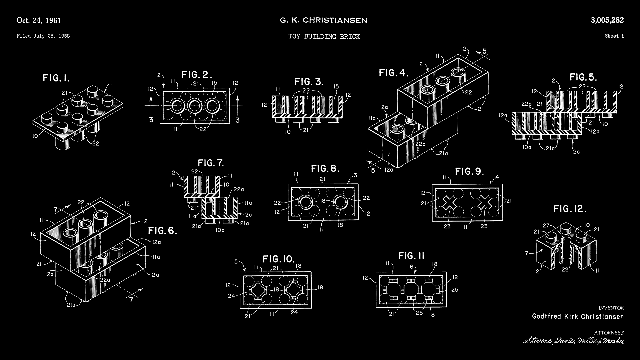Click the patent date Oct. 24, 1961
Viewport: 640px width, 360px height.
(39, 21)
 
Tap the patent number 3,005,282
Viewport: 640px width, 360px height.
(607, 20)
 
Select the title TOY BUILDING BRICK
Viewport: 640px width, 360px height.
(324, 37)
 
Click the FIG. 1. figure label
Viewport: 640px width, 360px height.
(56, 78)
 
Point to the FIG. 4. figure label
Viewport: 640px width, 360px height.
(393, 73)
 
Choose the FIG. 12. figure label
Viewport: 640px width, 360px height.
(570, 209)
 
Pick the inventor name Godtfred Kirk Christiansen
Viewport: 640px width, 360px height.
(578, 316)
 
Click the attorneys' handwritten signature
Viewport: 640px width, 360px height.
(573, 341)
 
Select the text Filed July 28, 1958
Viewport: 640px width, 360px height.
(43, 36)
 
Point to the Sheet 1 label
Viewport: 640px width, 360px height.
(614, 36)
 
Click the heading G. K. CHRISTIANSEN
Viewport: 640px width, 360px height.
(323, 21)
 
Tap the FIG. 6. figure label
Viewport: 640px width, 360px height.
(162, 231)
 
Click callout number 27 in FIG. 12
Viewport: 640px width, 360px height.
(546, 226)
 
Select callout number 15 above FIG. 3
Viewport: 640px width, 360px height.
(336, 87)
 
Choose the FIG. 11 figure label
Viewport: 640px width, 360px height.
(411, 256)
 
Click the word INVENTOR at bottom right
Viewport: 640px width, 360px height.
(611, 308)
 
